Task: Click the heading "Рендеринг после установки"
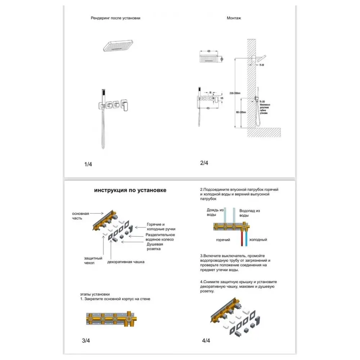116,18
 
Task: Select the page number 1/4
88,164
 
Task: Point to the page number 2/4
204,163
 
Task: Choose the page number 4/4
206,340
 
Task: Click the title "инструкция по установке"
130,190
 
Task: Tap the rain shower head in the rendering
118,46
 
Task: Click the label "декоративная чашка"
126,262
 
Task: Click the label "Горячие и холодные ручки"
160,226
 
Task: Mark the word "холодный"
258,239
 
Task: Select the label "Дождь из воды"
215,212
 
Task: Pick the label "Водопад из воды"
249,213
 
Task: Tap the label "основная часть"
80,216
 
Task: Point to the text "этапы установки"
95,294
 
